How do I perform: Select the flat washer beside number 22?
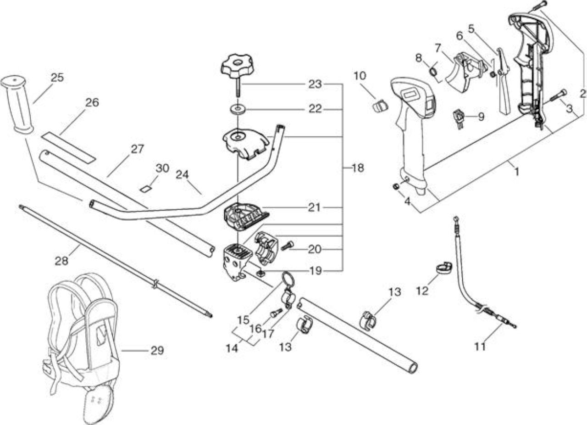pos(238,109)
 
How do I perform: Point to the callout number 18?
pos(358,168)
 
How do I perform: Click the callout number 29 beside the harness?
pos(157,350)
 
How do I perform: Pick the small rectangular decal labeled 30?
pos(146,189)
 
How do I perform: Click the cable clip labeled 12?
pos(444,268)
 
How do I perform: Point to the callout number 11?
pos(480,347)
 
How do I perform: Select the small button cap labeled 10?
pos(379,106)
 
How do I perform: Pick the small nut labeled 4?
pos(396,186)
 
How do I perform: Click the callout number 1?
pos(516,173)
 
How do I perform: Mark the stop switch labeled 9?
pos(459,120)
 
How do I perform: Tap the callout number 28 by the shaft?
pos(61,261)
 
